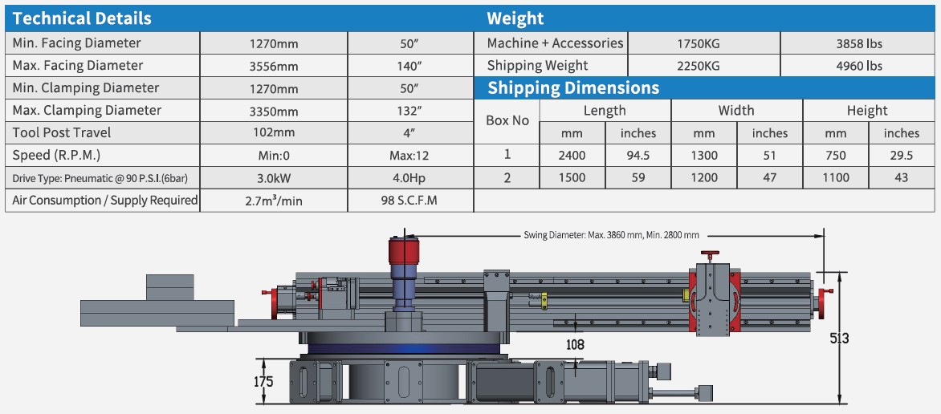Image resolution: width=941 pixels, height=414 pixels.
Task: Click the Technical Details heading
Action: click(82, 18)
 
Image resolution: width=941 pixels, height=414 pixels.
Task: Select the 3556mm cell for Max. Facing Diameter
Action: click(273, 66)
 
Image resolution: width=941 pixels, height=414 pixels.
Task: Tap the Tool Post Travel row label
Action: click(62, 132)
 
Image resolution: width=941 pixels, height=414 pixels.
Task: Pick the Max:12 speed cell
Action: click(409, 155)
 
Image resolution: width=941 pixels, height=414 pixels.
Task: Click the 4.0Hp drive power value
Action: click(409, 177)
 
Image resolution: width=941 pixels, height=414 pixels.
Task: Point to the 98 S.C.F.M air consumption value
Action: click(409, 201)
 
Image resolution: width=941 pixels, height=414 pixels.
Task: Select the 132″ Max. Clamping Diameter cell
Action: click(409, 111)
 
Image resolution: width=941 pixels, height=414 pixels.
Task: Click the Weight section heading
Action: click(515, 18)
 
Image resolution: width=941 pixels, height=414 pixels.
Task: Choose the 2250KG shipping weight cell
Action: click(703, 66)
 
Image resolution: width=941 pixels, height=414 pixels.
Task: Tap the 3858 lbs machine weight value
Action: click(858, 43)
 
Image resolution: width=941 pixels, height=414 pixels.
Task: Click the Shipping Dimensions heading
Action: click(573, 88)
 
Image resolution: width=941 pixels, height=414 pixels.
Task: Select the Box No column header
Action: click(507, 120)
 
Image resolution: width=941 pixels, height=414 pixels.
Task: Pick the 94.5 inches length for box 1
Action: click(638, 156)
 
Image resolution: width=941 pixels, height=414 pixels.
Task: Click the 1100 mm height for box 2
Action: click(835, 178)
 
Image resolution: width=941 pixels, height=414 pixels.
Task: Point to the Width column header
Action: click(736, 111)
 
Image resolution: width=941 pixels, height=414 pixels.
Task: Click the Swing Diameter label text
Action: click(611, 235)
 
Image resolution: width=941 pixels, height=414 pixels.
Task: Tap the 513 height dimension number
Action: click(839, 339)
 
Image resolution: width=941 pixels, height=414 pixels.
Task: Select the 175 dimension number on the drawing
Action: click(264, 381)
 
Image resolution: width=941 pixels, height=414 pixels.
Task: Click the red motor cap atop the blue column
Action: click(406, 250)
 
